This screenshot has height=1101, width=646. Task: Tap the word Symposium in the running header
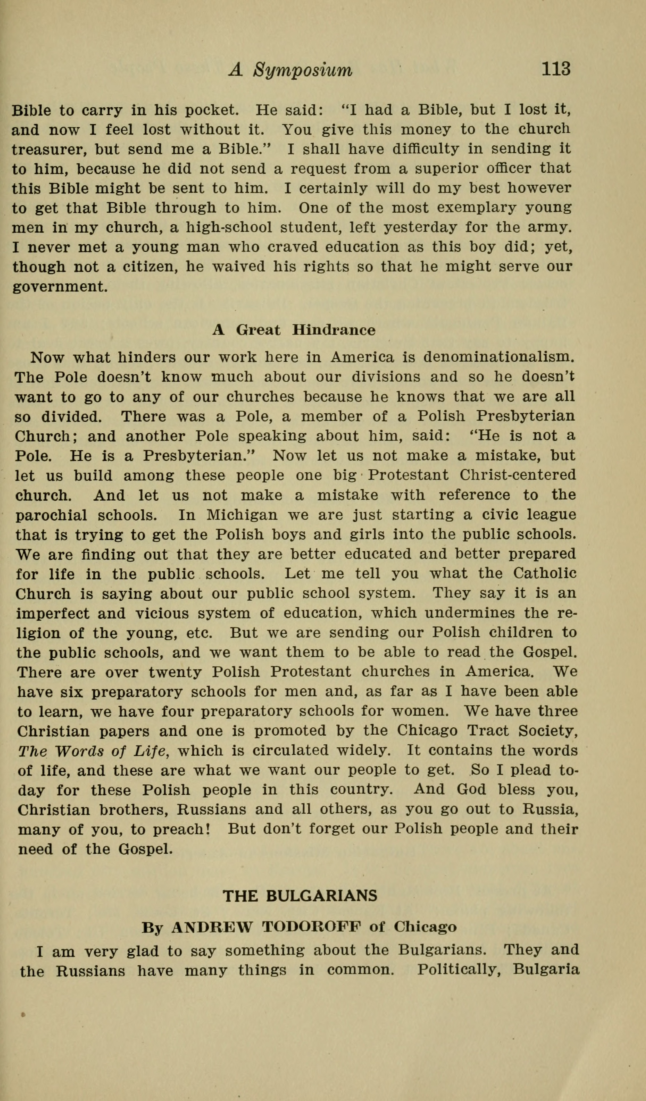(x=303, y=70)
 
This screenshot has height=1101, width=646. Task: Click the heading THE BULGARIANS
(x=300, y=896)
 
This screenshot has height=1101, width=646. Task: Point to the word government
(x=59, y=287)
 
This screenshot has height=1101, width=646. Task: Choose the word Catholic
(x=545, y=573)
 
